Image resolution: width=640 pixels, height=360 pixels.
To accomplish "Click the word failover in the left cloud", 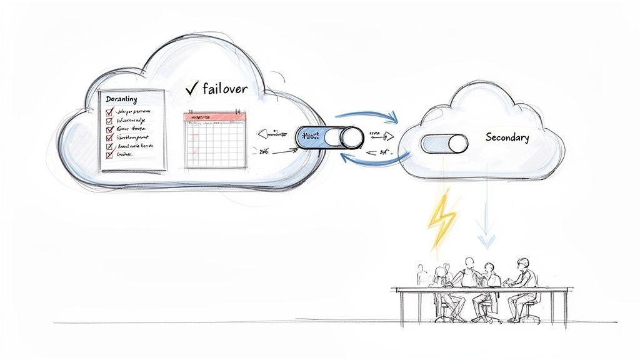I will coord(226,89).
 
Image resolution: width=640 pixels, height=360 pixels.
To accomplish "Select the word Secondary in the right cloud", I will coord(507,137).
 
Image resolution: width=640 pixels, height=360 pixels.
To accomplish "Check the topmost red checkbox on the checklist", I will coord(109,113).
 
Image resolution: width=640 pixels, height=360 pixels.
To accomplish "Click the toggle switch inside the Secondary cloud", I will coord(444,144).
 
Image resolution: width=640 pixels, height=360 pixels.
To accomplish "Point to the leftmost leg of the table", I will coord(401,309).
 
